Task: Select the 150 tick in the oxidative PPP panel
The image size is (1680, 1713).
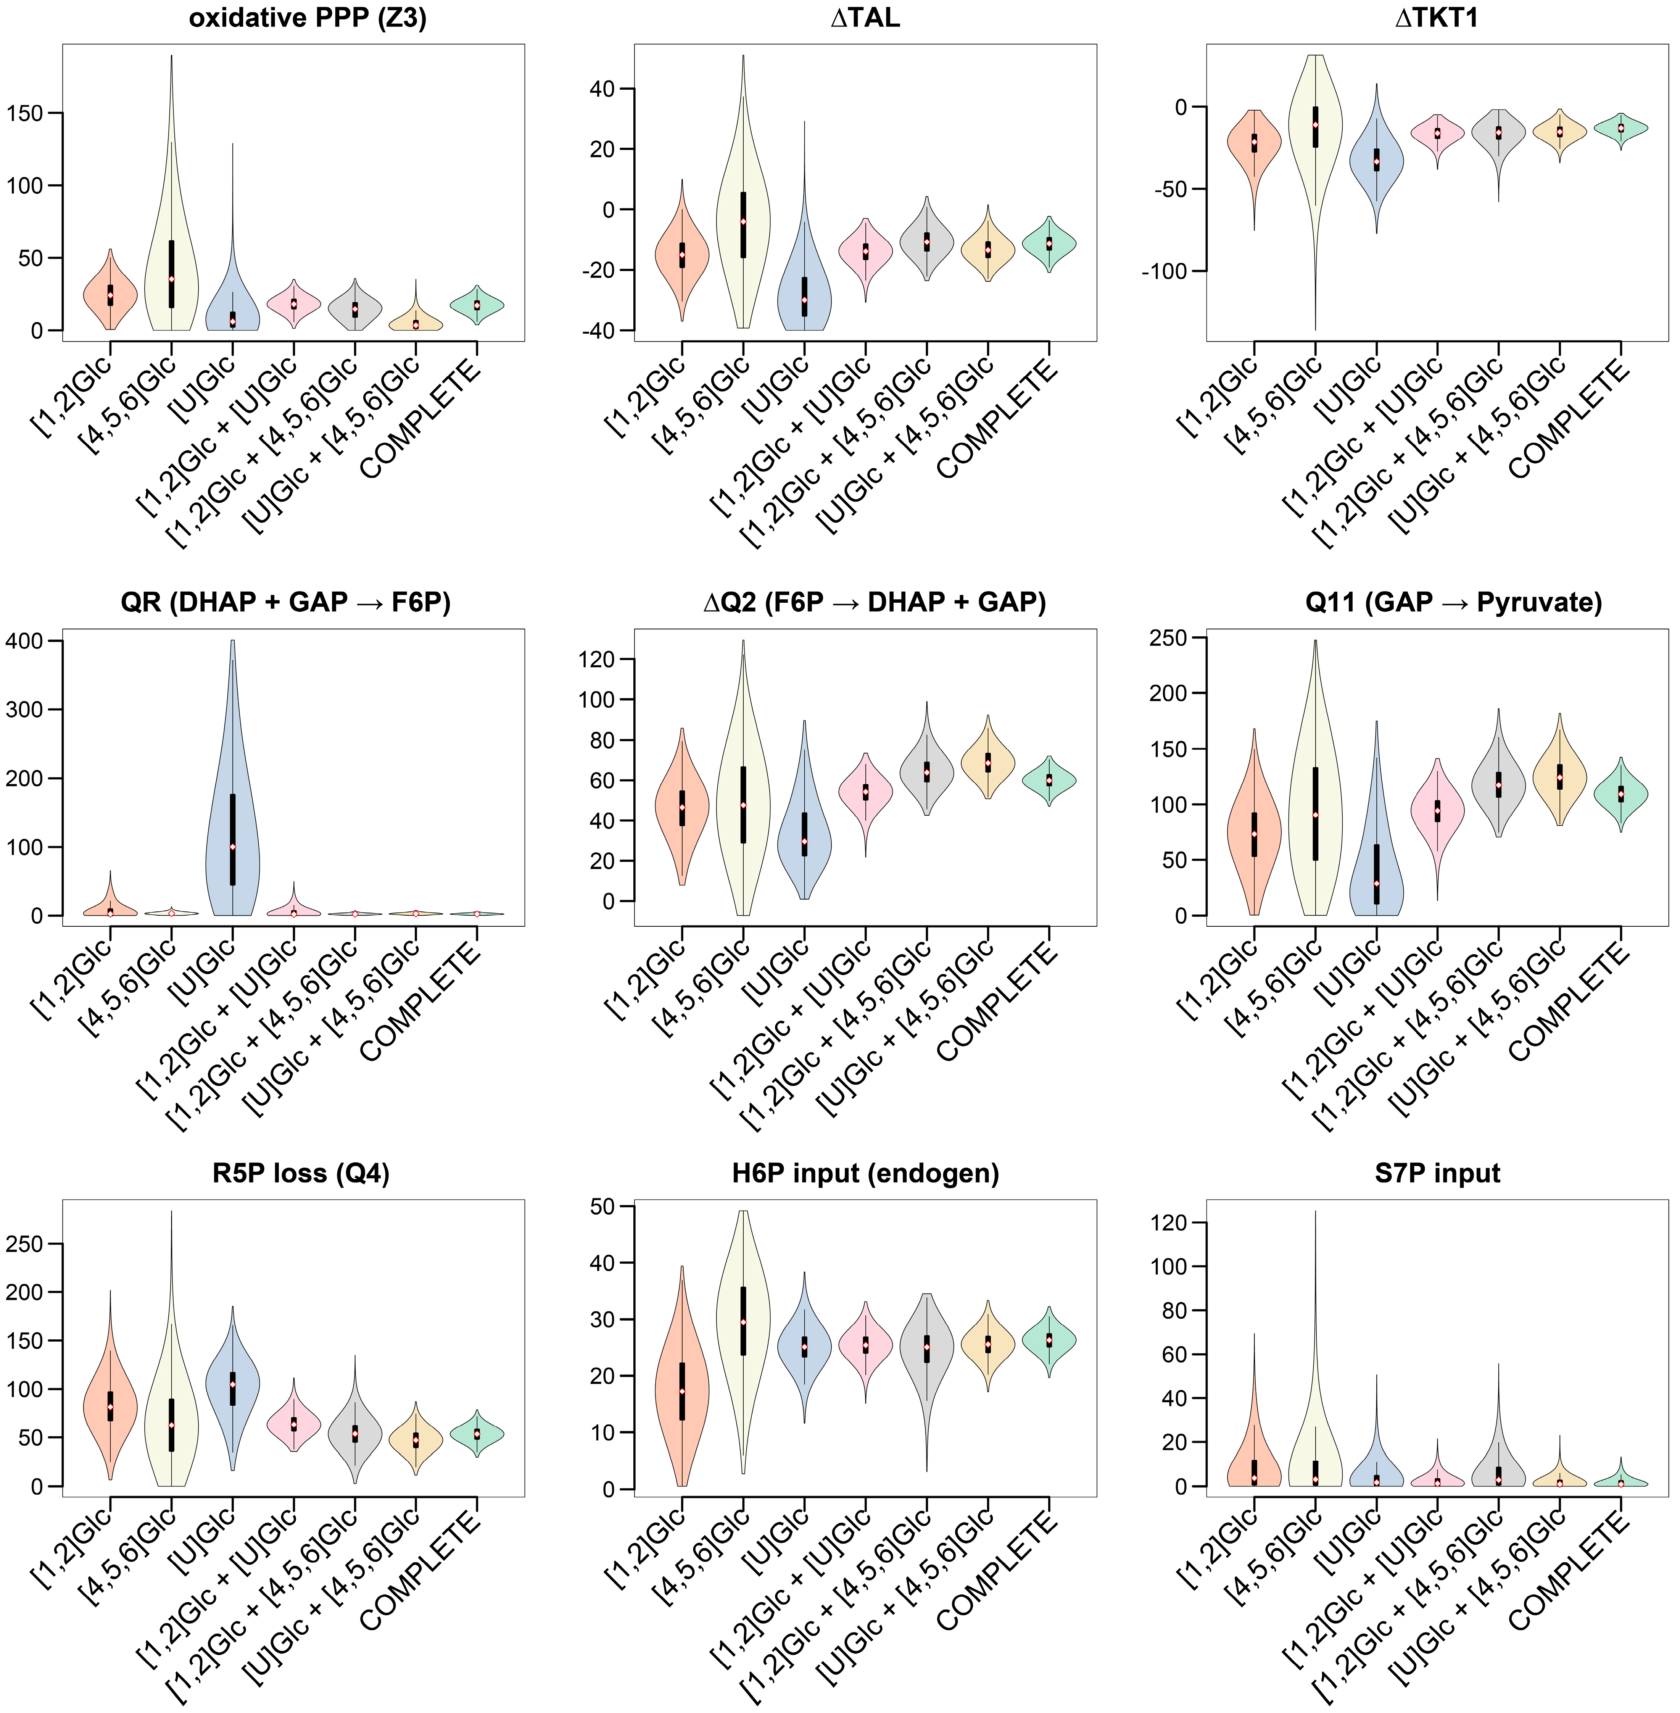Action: click(25, 113)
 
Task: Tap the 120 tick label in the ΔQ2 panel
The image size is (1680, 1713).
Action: click(596, 659)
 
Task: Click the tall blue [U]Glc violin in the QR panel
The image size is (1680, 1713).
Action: click(232, 794)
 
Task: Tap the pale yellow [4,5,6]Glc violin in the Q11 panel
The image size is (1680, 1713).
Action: click(1315, 794)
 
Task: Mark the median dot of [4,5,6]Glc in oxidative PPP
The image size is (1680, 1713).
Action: click(171, 279)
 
